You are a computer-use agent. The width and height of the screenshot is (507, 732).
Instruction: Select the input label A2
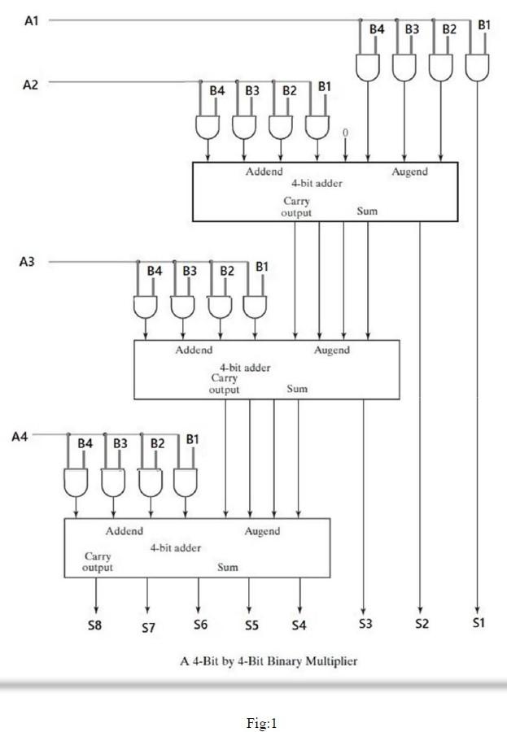(x=30, y=84)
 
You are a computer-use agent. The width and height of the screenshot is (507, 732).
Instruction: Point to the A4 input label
(x=20, y=437)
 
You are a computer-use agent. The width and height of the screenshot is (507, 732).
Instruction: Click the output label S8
(x=96, y=626)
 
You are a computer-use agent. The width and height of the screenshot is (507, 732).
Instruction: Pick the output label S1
(x=479, y=623)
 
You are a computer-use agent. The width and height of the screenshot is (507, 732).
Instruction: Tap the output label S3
(x=365, y=624)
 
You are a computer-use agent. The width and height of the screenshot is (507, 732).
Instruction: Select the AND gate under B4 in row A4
(x=76, y=482)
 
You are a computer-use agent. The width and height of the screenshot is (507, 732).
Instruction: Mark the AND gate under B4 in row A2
(x=208, y=126)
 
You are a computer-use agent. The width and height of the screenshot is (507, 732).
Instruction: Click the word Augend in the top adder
(x=409, y=172)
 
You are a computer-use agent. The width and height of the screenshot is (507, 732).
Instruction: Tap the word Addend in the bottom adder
(x=124, y=530)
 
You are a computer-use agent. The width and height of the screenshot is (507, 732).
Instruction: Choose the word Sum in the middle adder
(x=297, y=389)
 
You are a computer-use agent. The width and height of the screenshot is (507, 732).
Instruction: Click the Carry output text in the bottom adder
(x=98, y=562)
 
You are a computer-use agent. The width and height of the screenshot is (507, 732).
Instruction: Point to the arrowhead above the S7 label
(x=147, y=609)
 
